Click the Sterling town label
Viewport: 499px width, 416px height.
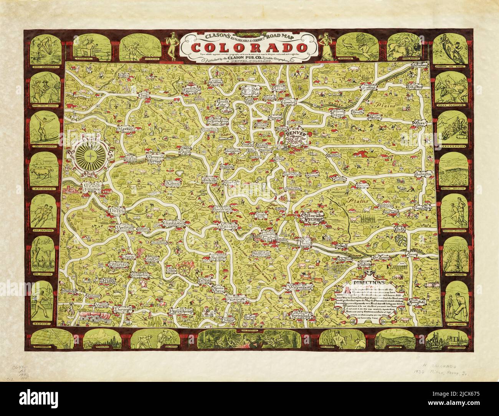(x=368, y=88)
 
